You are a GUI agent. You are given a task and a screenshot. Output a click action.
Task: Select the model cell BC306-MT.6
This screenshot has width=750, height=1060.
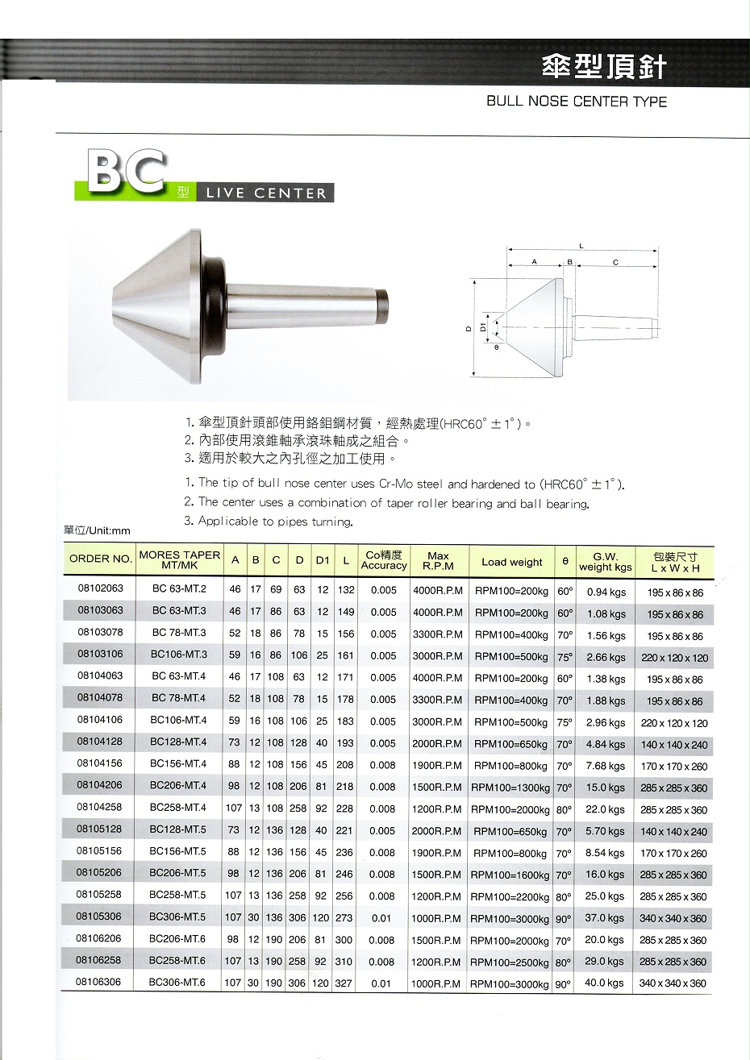pos(177,983)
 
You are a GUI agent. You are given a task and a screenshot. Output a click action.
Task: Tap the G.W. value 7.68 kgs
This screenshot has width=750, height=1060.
pos(606,766)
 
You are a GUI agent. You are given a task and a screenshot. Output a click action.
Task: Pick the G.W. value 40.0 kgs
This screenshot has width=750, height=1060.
pos(606,983)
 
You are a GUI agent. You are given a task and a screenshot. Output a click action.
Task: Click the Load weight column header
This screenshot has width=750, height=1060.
pos(511,562)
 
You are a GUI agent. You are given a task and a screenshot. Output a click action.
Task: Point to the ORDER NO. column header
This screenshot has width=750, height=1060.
pos(100,559)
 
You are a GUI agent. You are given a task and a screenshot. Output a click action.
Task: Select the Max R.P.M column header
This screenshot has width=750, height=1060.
pos(438,561)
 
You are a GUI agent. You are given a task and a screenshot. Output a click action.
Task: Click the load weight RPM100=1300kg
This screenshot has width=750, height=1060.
pos(511,788)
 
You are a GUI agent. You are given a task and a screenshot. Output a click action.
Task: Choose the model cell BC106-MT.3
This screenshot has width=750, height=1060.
pos(177,655)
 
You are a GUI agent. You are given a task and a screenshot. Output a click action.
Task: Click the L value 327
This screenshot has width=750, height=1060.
pos(344,983)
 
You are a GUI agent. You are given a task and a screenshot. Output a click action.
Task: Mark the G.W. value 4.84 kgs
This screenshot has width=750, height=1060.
pos(606,744)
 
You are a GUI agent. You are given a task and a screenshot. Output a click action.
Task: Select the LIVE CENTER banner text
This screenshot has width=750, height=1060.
pos(266,193)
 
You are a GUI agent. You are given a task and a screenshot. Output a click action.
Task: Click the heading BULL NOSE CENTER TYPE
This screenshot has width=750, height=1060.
pos(577,102)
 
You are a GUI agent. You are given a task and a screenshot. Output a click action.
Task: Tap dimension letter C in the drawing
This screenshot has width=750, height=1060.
pos(615,262)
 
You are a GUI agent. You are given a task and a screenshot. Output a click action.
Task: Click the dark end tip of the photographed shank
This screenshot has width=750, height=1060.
pos(383,306)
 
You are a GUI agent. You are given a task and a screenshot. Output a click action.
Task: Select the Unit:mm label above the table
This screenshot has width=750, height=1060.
pos(97,530)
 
